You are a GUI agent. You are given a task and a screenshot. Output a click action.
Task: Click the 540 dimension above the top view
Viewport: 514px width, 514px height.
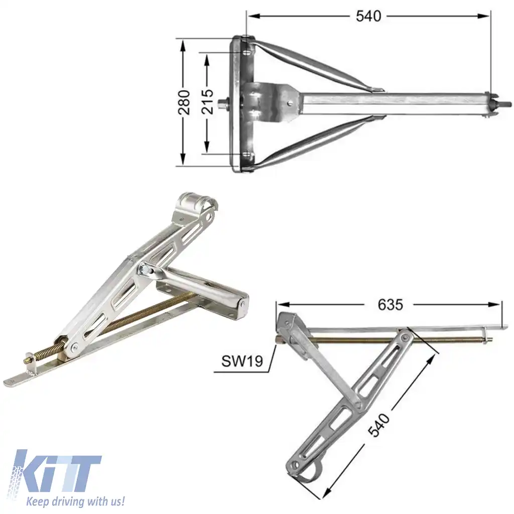point(368,16)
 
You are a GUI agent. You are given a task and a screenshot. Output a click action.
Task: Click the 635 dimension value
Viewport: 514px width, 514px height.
point(391,304)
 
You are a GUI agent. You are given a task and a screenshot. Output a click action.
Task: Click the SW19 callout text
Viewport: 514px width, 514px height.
point(242,361)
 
